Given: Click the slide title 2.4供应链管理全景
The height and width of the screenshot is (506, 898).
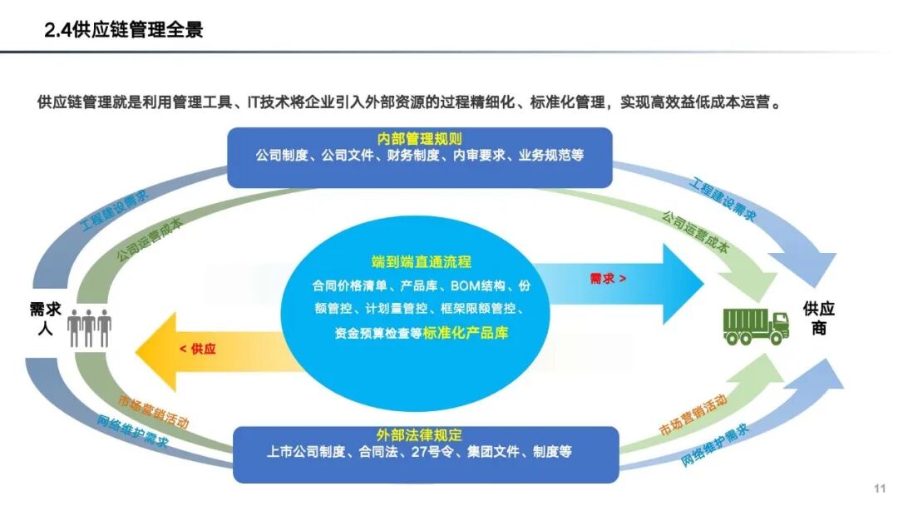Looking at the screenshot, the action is [124, 31].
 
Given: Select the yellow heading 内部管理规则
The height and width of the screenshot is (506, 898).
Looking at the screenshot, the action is [419, 139].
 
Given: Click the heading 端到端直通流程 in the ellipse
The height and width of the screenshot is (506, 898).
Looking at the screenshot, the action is [422, 262].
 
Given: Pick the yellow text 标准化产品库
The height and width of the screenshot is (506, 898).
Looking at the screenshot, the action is [466, 333].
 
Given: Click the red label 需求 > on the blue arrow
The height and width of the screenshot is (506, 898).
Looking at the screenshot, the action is [608, 279].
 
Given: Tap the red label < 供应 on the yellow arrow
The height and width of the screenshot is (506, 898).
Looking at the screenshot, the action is [196, 349].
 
